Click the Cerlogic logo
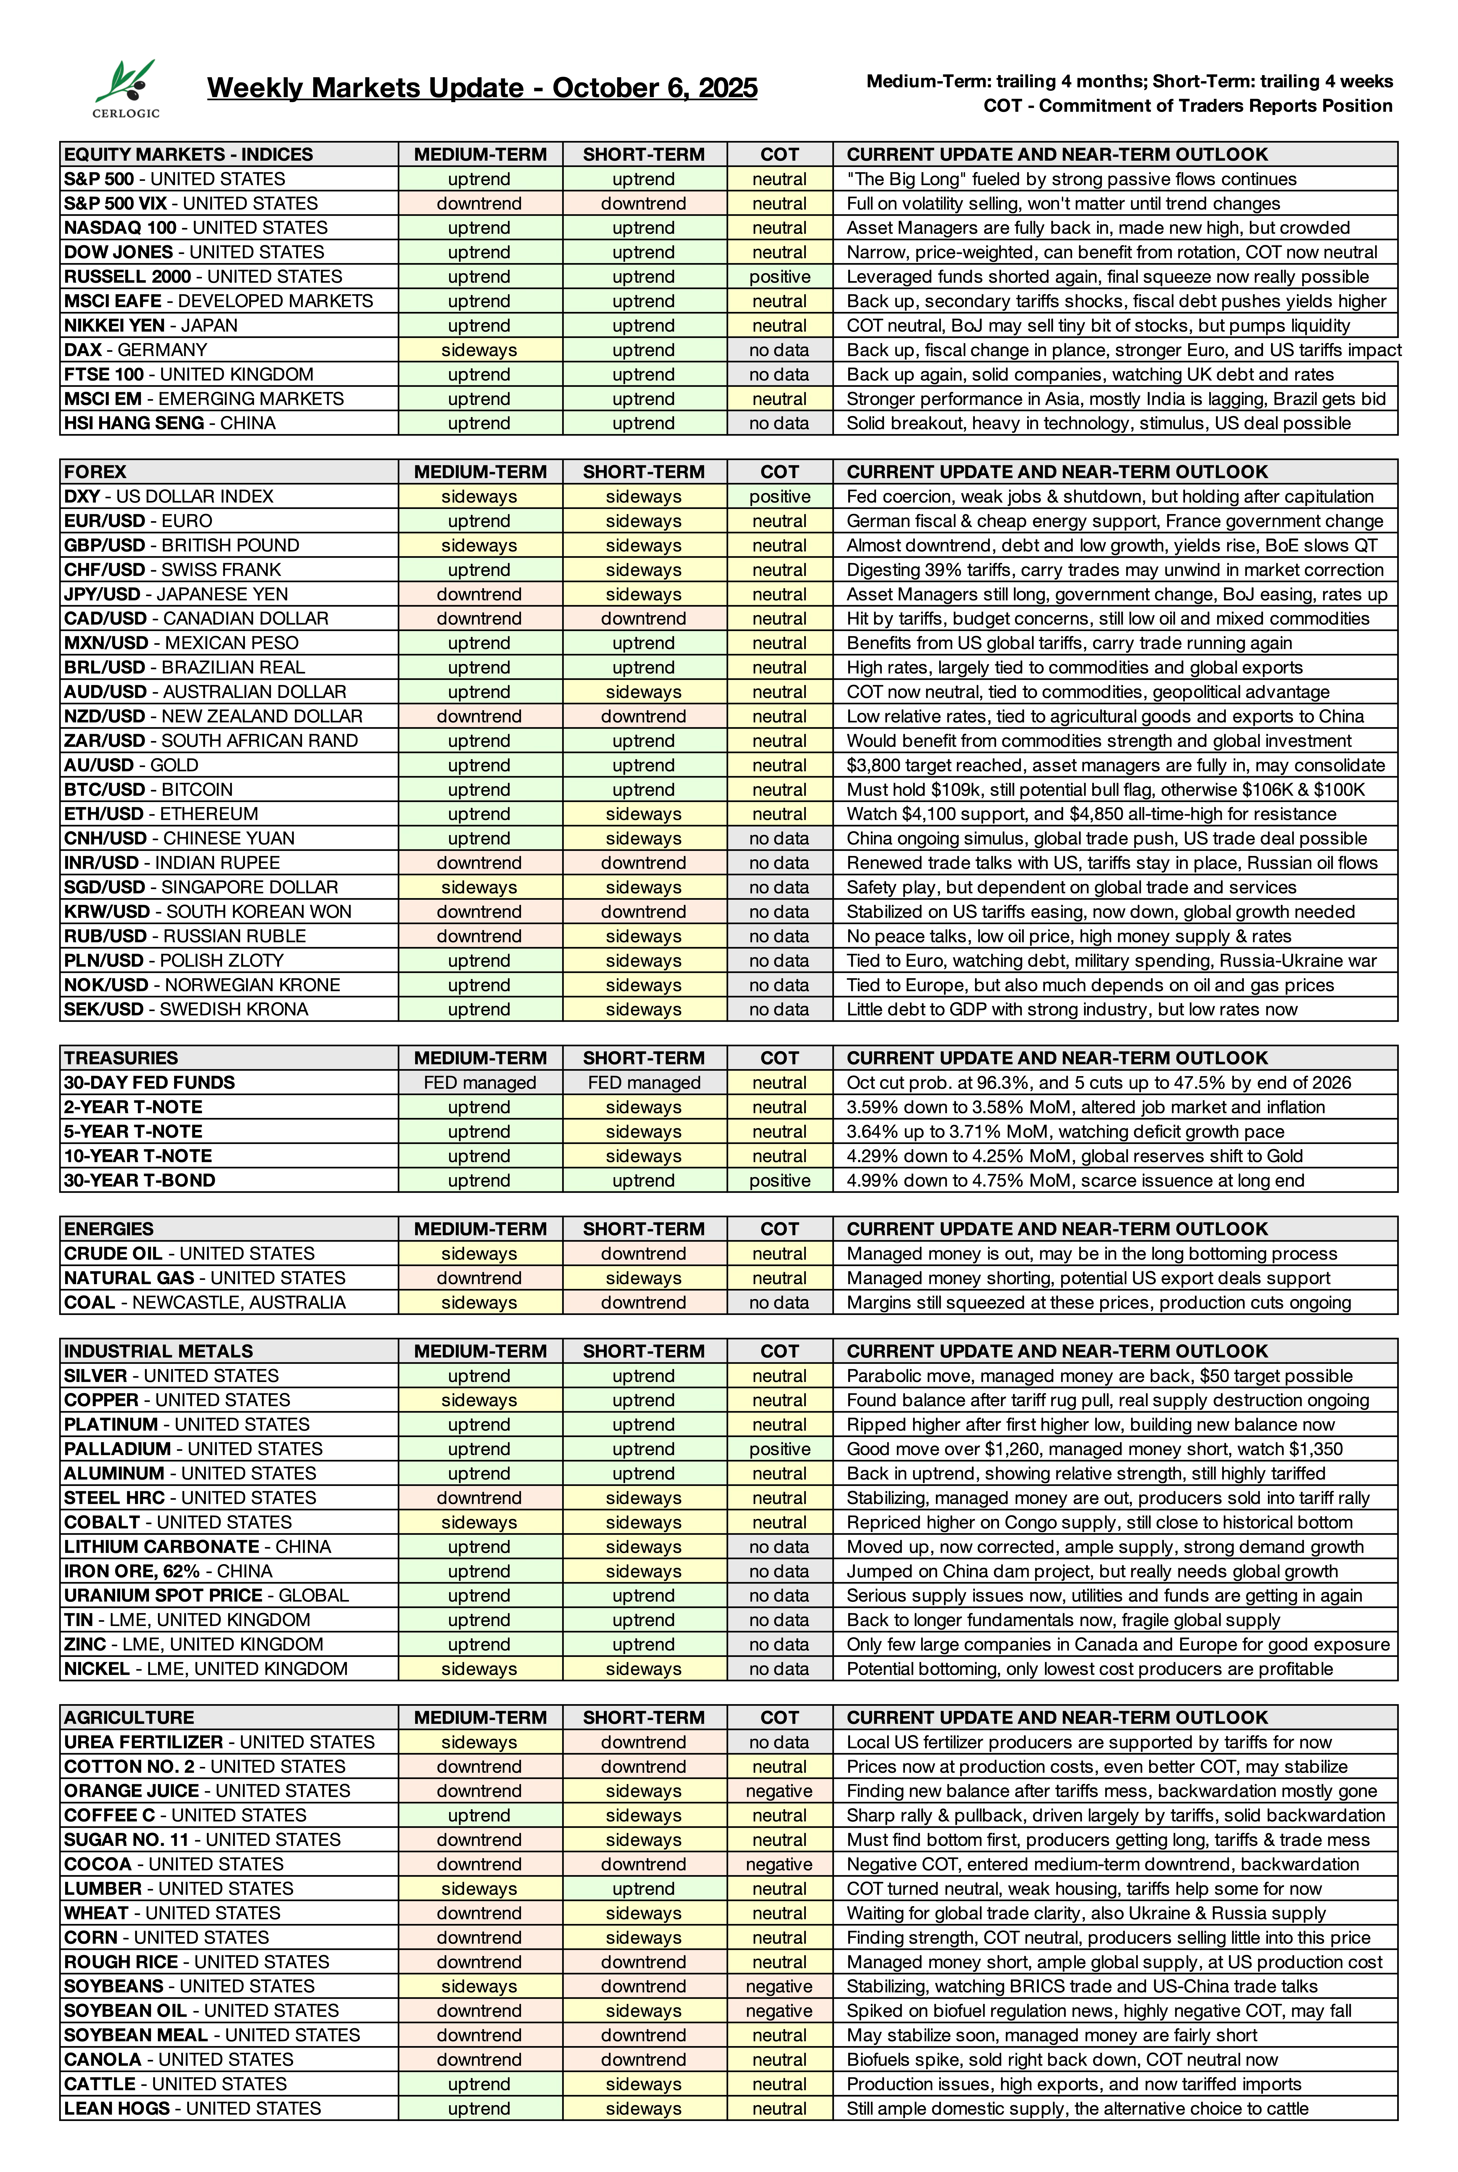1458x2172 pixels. coord(127,88)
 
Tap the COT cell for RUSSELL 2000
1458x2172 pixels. coord(779,276)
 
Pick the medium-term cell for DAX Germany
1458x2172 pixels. coord(479,350)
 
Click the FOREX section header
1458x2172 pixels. coord(95,472)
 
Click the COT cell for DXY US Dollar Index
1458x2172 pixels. coord(779,497)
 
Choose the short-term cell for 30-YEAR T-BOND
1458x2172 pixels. coord(644,1180)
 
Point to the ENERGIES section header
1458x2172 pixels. coord(109,1229)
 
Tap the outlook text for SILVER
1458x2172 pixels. coord(1099,1376)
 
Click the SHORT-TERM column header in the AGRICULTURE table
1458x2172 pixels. coord(644,1717)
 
